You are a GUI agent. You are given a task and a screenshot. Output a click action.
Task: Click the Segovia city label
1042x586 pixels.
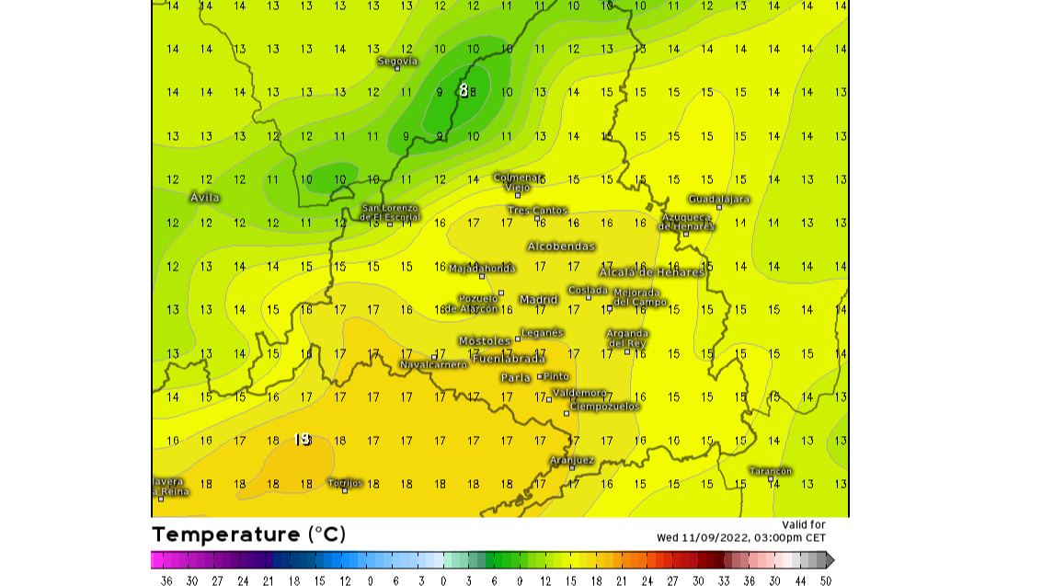[x=397, y=61]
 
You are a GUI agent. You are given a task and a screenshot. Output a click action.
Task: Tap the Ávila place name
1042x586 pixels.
[x=204, y=197]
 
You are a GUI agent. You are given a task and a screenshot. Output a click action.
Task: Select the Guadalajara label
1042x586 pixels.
[x=718, y=199]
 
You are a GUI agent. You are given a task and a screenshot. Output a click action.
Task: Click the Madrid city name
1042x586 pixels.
[x=539, y=299]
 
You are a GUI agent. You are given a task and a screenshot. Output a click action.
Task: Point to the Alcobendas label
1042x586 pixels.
[x=560, y=246]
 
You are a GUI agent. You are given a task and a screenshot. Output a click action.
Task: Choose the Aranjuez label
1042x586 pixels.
[x=571, y=459]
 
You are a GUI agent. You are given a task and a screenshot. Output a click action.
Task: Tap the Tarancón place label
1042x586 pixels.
[x=770, y=470]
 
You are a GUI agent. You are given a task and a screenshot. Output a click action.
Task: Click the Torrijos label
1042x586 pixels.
[x=345, y=482]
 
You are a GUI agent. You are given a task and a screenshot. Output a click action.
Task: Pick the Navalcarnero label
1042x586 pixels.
[x=433, y=364]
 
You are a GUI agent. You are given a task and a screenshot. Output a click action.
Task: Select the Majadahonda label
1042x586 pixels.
[x=482, y=268]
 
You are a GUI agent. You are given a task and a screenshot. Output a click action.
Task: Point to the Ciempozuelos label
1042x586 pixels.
[x=603, y=406]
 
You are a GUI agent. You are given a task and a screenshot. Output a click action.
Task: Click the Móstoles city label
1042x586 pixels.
[x=484, y=340]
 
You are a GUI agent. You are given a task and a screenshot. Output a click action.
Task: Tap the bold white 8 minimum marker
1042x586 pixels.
[x=464, y=90]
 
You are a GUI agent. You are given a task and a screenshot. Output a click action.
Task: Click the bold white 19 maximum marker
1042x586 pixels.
[x=302, y=439]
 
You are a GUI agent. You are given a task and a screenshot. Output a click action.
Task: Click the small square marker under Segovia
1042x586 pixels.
[x=397, y=69]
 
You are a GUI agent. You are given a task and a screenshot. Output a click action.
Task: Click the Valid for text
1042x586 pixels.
[x=804, y=524]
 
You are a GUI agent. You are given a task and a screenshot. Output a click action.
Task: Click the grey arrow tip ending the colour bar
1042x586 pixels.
[x=830, y=559]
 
